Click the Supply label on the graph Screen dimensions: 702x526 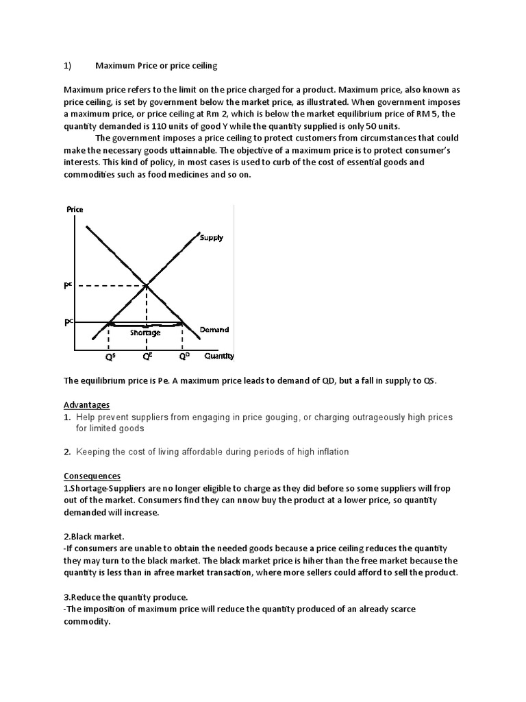tap(211, 238)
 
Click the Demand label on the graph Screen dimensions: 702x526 tap(214, 330)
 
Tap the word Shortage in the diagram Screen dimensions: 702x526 tap(145, 332)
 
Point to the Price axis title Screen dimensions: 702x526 tap(75, 210)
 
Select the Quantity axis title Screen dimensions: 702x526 tap(219, 356)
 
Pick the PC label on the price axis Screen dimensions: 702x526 tap(69, 322)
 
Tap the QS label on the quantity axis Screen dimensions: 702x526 tap(109, 356)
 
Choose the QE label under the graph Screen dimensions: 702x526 tap(147, 356)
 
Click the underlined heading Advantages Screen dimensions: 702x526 tap(86, 405)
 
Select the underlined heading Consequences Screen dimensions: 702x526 tap(92, 476)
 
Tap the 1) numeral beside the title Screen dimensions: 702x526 tap(68, 66)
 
